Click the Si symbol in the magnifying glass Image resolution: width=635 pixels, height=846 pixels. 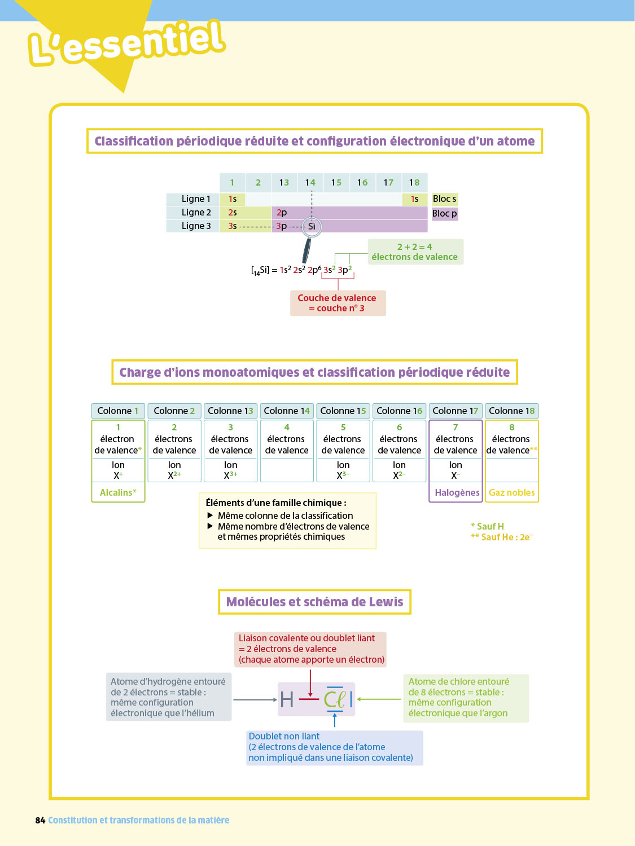pyautogui.click(x=312, y=227)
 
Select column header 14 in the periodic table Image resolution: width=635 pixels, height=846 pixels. pyautogui.click(x=310, y=182)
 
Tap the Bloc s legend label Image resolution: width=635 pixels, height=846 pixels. pyautogui.click(x=444, y=199)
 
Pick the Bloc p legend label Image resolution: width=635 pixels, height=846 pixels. pyautogui.click(x=444, y=214)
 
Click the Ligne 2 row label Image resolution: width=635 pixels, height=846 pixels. pyautogui.click(x=196, y=213)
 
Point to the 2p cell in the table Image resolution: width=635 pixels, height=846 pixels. pyautogui.click(x=282, y=213)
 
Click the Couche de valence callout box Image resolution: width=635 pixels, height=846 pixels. pyautogui.click(x=338, y=303)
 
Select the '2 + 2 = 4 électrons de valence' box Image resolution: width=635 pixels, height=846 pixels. pyautogui.click(x=415, y=252)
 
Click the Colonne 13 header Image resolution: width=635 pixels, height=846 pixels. pyautogui.click(x=230, y=411)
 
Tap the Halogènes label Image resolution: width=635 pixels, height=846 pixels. pyautogui.click(x=457, y=492)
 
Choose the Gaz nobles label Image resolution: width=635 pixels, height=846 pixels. pyautogui.click(x=511, y=492)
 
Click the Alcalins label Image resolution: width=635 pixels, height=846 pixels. pyautogui.click(x=118, y=492)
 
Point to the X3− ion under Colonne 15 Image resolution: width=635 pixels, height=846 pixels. pyautogui.click(x=343, y=475)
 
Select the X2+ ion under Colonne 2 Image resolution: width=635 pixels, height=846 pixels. pyautogui.click(x=174, y=475)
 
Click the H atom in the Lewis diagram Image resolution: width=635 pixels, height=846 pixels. pyautogui.click(x=287, y=700)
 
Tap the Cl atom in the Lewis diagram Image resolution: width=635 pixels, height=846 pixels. pyautogui.click(x=334, y=700)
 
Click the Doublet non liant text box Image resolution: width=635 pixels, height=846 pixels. pyautogui.click(x=335, y=747)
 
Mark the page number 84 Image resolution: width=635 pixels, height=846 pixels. pyautogui.click(x=40, y=820)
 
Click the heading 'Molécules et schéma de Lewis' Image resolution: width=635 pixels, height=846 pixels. pyautogui.click(x=314, y=602)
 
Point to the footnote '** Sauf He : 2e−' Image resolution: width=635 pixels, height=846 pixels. pyautogui.click(x=502, y=537)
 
